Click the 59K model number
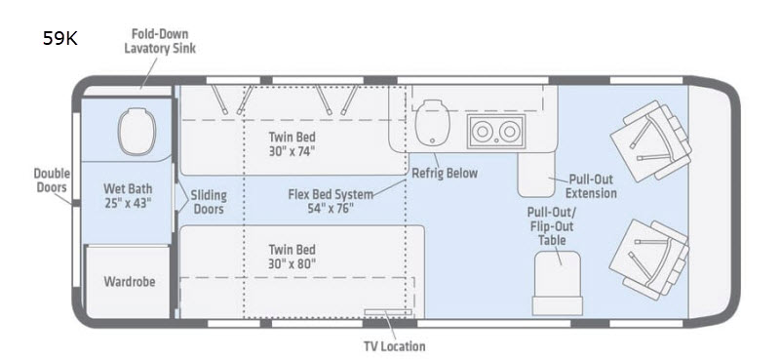click(x=59, y=38)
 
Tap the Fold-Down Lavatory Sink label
click(x=160, y=41)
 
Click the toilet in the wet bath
click(x=136, y=131)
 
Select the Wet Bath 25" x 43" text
click(x=128, y=196)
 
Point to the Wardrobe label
click(x=130, y=281)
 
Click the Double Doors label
click(x=52, y=180)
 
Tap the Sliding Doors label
click(x=209, y=202)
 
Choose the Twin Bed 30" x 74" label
click(x=292, y=143)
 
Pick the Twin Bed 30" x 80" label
click(x=292, y=257)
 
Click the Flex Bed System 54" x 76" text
click(x=331, y=201)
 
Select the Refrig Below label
click(x=445, y=174)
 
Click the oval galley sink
click(x=432, y=123)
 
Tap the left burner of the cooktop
click(x=482, y=132)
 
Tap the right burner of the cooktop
click(x=509, y=132)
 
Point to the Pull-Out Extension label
click(x=591, y=186)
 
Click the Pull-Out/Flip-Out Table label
click(x=552, y=226)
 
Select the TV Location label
click(x=395, y=346)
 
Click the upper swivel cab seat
click(x=651, y=140)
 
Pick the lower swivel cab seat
click(x=649, y=260)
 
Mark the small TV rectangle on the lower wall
click(x=388, y=312)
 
